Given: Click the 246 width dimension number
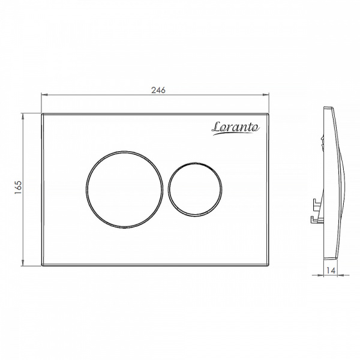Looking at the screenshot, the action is point(158,90).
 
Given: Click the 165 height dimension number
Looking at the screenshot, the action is point(18,187).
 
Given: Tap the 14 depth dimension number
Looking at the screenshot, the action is point(331,271).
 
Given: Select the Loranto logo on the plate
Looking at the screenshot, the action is point(236,128).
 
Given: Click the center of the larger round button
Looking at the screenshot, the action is point(124,190).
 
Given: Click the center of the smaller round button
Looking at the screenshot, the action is point(195,190).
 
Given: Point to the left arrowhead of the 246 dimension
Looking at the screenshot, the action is point(44,94).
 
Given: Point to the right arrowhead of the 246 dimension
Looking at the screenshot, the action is point(266,94).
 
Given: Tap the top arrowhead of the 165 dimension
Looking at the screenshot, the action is point(23,116).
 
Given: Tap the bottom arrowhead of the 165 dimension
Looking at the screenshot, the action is point(23,263).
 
